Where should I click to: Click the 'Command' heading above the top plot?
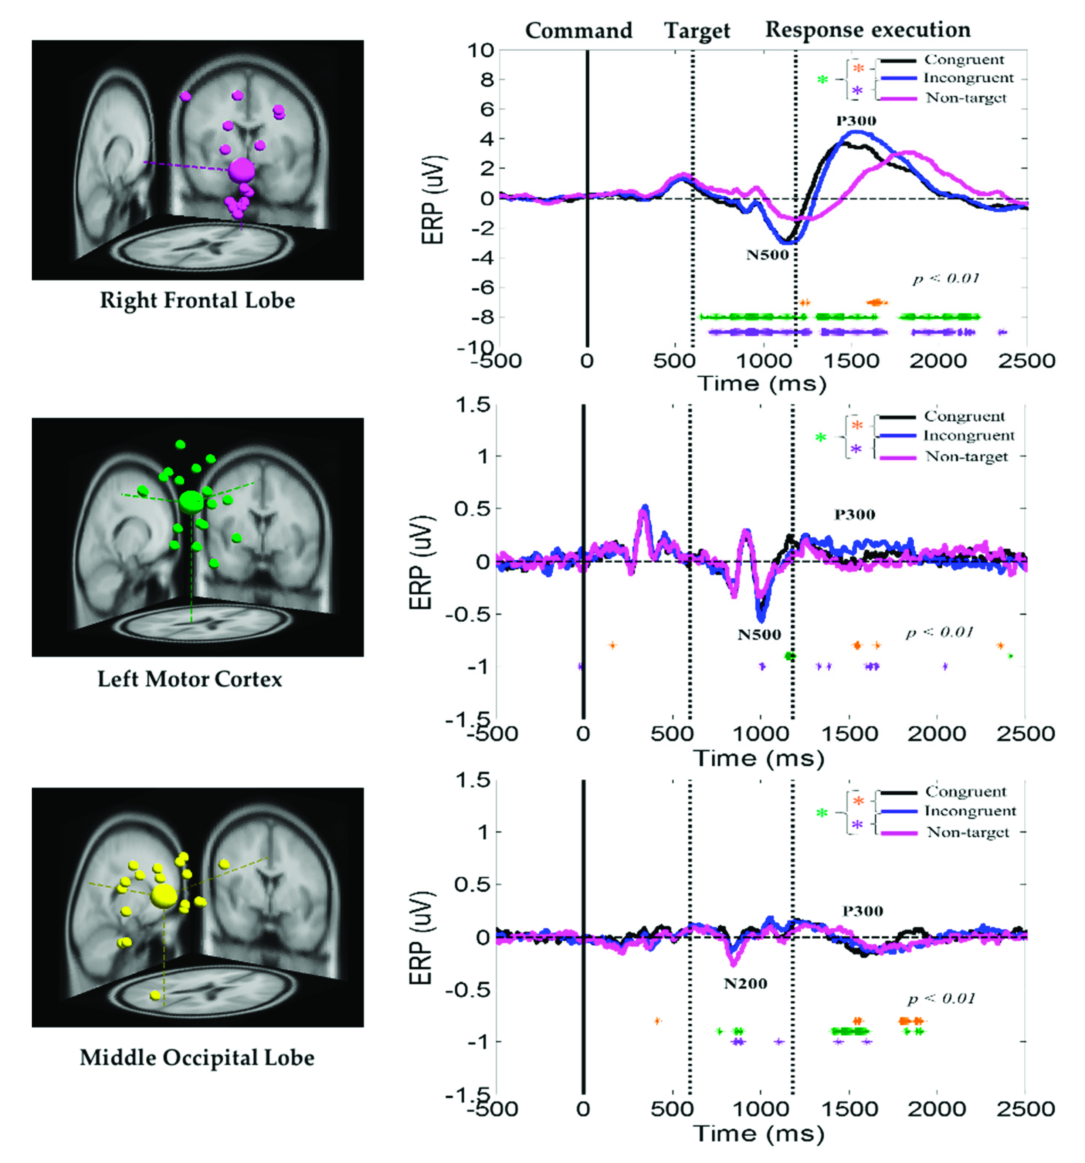(579, 30)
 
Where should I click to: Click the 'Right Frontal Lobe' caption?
(197, 301)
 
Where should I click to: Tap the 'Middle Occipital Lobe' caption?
(197, 1058)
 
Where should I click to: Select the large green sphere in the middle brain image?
(191, 501)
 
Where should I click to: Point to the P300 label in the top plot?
(856, 121)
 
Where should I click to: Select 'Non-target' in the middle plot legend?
(966, 457)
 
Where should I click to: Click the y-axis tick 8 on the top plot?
(486, 79)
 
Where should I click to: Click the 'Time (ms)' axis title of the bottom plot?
(759, 1134)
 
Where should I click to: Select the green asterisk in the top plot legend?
(823, 79)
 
